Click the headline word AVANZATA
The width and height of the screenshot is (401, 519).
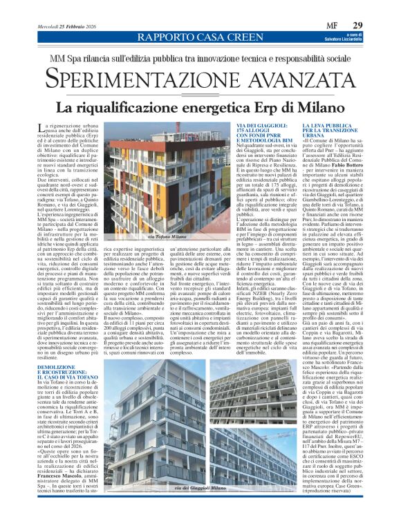click(301, 77)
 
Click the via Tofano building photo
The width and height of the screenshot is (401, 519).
click(148, 180)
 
